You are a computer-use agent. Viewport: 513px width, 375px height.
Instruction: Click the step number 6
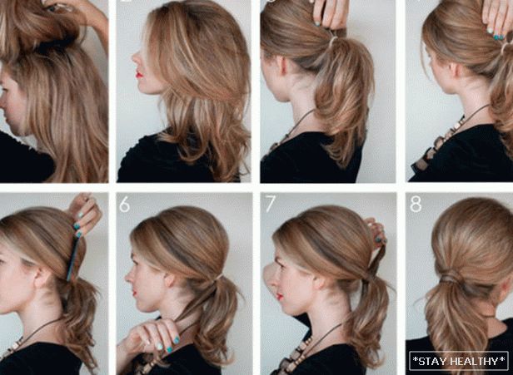click(124, 205)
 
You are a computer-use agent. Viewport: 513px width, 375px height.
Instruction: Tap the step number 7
click(270, 204)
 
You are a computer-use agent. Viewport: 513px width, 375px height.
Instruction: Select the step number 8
click(416, 205)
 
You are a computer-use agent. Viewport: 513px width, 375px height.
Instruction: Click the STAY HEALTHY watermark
click(459, 361)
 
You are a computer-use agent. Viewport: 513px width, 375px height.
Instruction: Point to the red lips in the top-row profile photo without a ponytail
click(139, 75)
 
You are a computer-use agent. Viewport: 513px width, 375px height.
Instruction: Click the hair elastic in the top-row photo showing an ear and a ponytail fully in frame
click(333, 41)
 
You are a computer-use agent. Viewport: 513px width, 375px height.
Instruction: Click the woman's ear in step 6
click(170, 281)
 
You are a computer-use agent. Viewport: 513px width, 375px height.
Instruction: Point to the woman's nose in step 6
click(128, 278)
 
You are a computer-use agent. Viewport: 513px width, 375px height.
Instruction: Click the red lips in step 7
click(280, 297)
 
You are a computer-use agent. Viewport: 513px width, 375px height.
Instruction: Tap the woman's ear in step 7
click(318, 282)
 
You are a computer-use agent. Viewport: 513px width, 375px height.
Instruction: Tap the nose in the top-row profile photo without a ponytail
click(135, 59)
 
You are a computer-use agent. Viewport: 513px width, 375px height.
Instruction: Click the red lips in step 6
click(135, 293)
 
